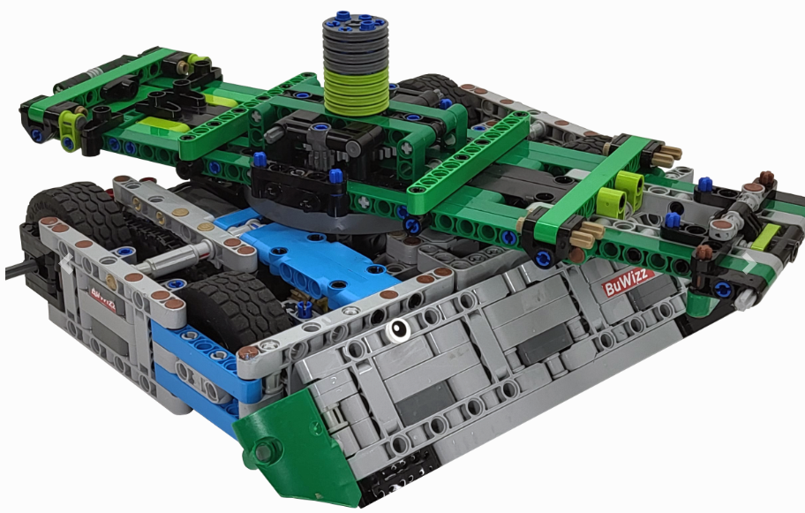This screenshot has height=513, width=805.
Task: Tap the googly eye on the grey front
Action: pos(398,331)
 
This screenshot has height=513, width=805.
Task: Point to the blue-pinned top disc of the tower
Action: pos(357,19)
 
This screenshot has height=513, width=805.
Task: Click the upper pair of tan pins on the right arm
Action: pos(668,154)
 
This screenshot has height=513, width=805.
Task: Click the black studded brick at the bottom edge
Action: pos(398,480)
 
